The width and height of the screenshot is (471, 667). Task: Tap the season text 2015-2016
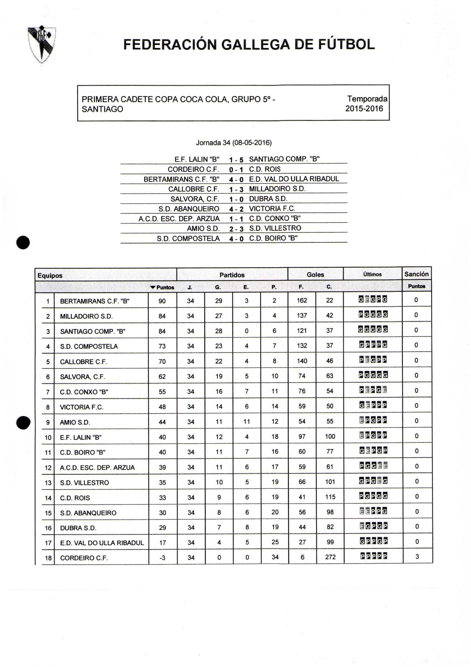click(x=364, y=109)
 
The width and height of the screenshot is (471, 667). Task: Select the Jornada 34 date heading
click(x=234, y=143)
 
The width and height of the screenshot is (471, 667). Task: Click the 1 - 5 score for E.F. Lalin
click(x=236, y=160)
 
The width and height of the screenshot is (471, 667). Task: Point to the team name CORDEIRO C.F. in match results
click(x=193, y=169)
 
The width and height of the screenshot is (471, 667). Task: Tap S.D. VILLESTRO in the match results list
click(x=275, y=228)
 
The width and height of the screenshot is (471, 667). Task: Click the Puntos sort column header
click(x=163, y=287)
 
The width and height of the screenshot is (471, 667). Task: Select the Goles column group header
click(x=315, y=274)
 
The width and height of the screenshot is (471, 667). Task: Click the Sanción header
click(x=416, y=274)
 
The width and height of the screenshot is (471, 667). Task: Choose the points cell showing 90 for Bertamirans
click(x=162, y=301)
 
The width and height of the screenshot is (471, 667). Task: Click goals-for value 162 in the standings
click(x=302, y=300)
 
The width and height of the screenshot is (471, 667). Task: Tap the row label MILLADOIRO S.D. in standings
click(x=86, y=316)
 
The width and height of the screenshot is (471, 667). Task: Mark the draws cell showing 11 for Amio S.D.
click(x=247, y=422)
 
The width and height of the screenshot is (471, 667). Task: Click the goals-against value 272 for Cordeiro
click(x=330, y=557)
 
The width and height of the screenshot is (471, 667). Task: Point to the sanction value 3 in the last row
click(x=417, y=557)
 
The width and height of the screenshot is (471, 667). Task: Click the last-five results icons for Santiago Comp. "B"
click(x=373, y=330)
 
